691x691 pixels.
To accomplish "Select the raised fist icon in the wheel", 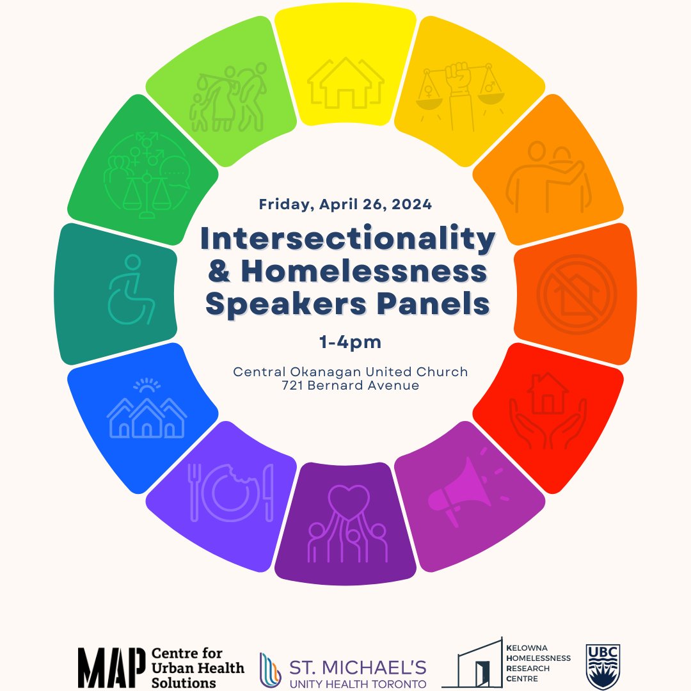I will click(461, 96).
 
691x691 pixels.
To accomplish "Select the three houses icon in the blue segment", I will click(147, 413).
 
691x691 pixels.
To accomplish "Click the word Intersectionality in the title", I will click(347, 239).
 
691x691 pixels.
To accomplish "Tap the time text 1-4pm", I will click(350, 342).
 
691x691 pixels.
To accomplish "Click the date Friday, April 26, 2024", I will click(345, 205).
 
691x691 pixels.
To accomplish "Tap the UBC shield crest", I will click(603, 666).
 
